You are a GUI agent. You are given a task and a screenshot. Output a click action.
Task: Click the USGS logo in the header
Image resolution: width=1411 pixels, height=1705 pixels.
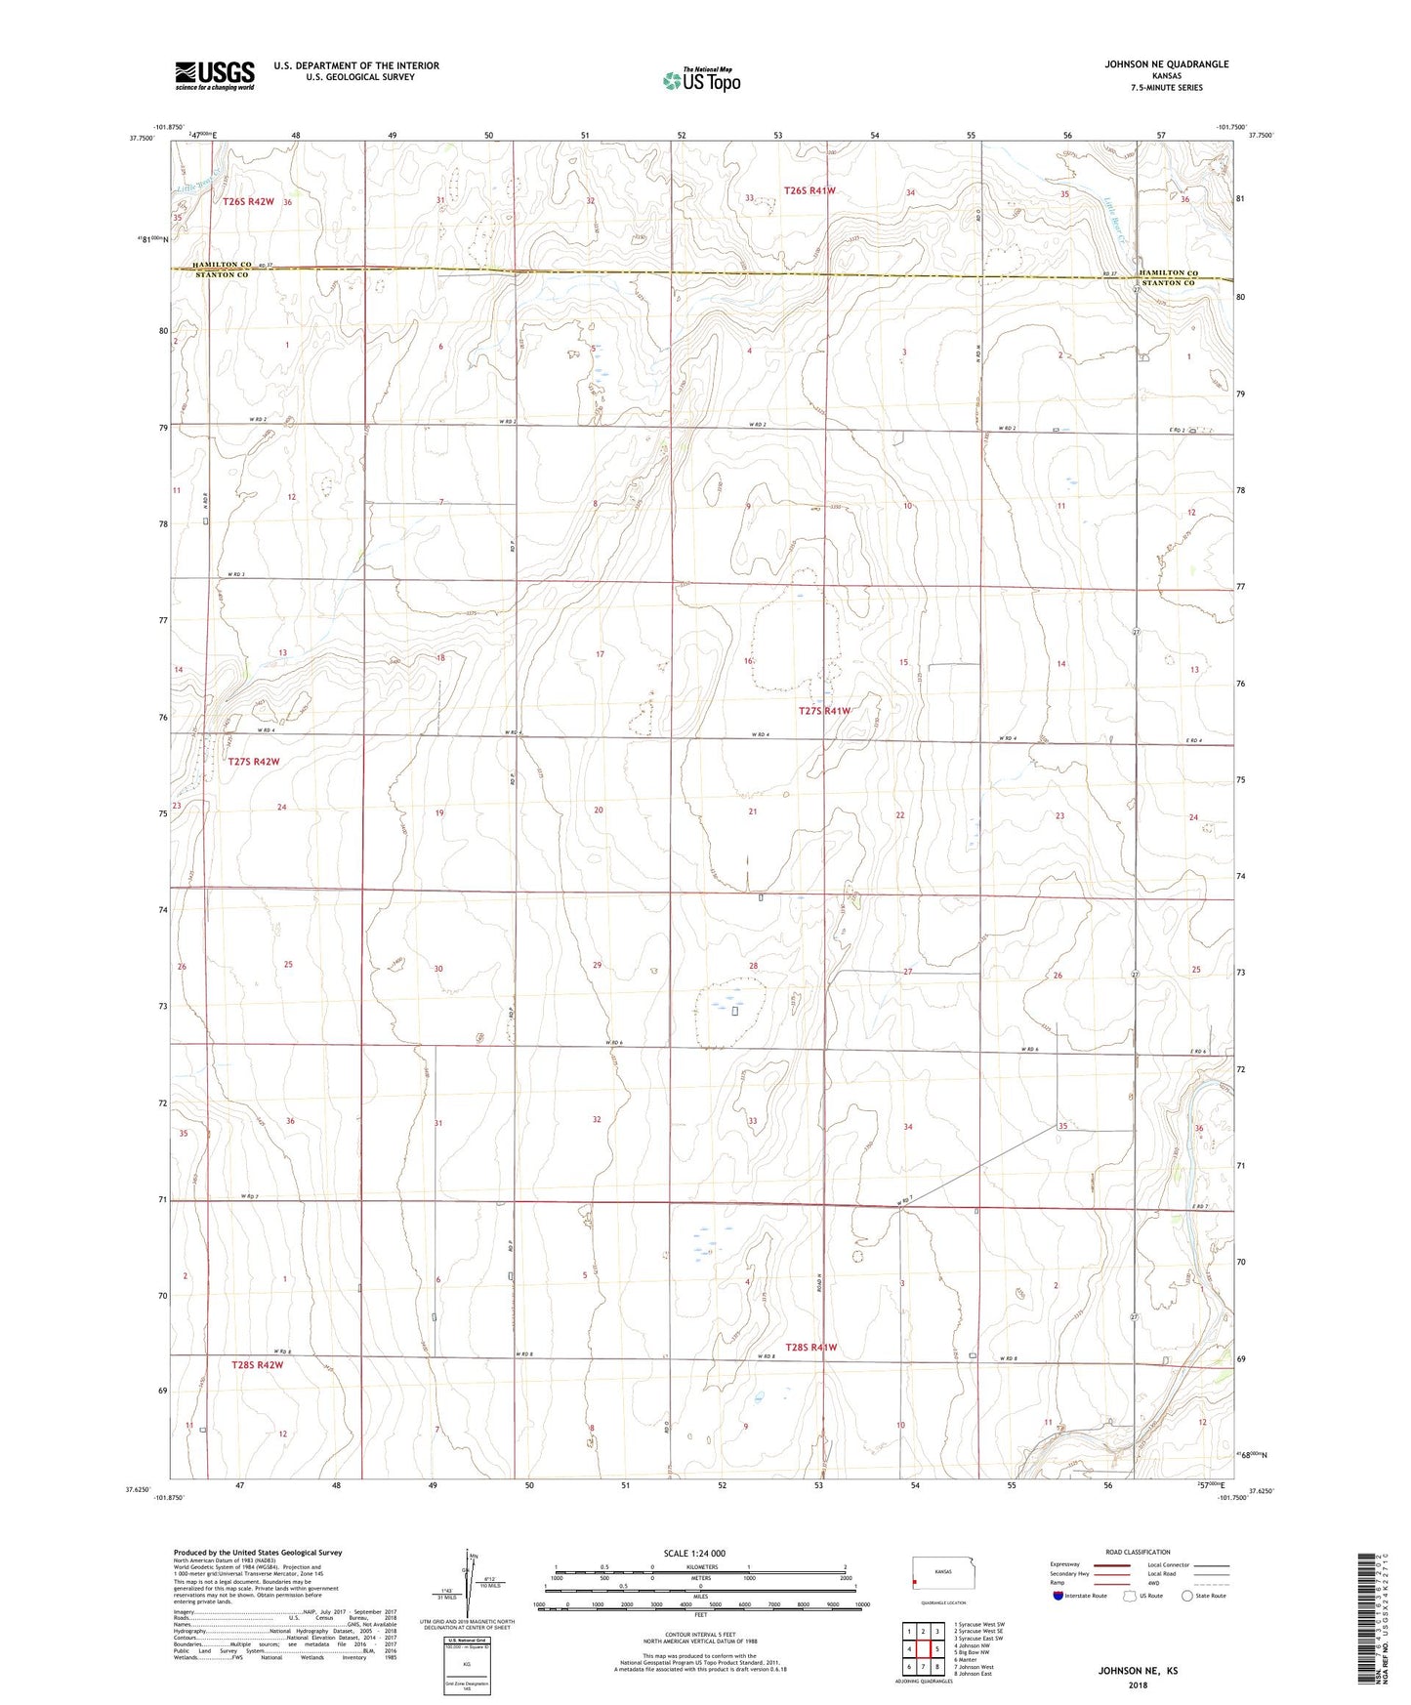tap(215, 75)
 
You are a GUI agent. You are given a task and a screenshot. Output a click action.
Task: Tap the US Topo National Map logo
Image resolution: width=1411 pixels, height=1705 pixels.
tap(701, 80)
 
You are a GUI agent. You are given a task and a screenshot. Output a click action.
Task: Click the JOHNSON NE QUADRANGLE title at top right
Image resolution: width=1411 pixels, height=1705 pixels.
tap(1166, 64)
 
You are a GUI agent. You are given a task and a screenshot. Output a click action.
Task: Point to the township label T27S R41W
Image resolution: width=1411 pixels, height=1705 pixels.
tap(824, 711)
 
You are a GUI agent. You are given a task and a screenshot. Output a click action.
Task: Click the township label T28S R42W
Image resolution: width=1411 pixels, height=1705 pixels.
tap(257, 1365)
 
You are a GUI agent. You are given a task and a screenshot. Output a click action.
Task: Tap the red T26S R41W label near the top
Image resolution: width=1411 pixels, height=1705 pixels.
tap(809, 190)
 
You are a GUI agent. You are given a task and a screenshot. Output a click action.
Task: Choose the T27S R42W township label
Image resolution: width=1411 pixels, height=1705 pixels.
tap(254, 762)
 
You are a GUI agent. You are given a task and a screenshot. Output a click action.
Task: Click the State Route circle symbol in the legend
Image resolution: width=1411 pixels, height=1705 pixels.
tap(1187, 1596)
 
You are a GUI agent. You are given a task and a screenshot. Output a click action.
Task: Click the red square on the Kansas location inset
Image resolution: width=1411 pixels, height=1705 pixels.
tap(915, 1583)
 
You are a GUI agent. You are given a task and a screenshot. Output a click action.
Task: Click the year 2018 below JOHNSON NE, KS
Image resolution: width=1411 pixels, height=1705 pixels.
tap(1138, 1684)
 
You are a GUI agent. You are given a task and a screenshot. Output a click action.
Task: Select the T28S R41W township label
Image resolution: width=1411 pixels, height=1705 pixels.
tap(809, 1348)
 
